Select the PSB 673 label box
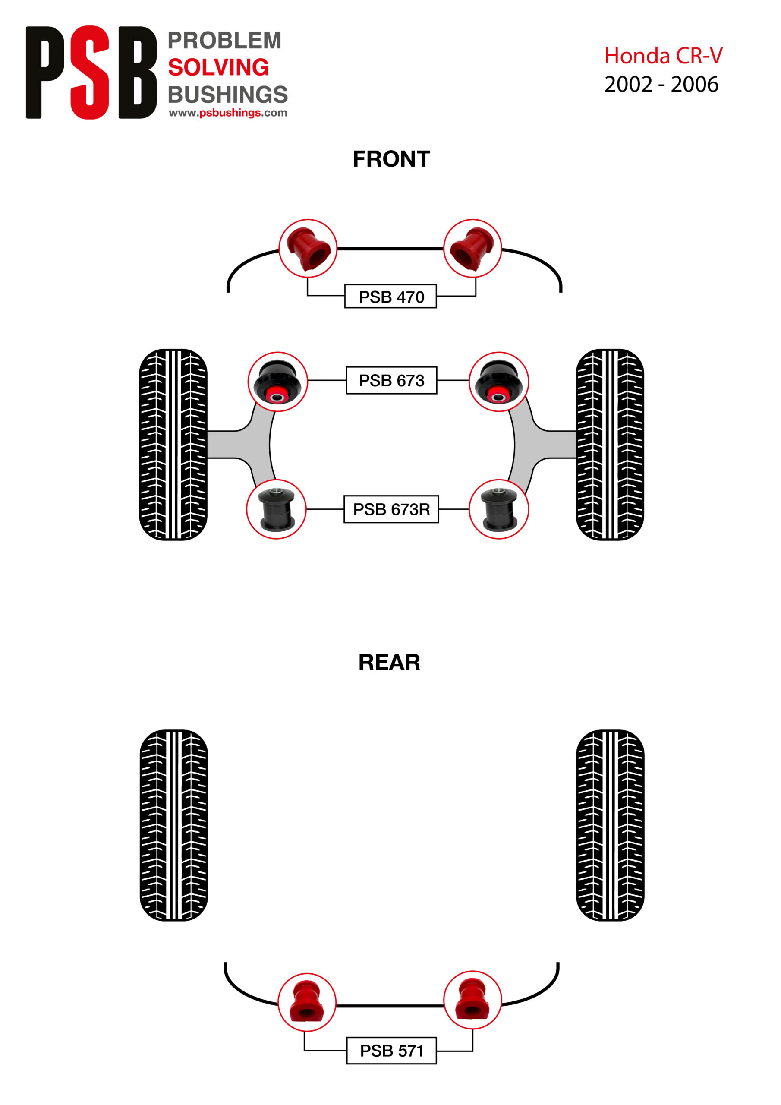(x=391, y=380)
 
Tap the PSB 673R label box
(x=391, y=509)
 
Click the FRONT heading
(x=391, y=159)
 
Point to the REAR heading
(x=389, y=663)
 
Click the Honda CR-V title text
(x=663, y=56)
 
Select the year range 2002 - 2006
(x=661, y=85)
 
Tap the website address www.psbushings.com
(x=227, y=113)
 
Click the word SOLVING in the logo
(x=218, y=67)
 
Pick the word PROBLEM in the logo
(x=224, y=41)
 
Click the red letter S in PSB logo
(x=89, y=72)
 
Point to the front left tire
(x=173, y=444)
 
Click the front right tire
(x=610, y=444)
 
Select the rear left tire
(x=174, y=825)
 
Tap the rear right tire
(x=610, y=825)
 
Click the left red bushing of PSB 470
(x=308, y=248)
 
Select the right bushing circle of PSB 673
(x=498, y=382)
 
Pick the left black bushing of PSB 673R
(x=276, y=509)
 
